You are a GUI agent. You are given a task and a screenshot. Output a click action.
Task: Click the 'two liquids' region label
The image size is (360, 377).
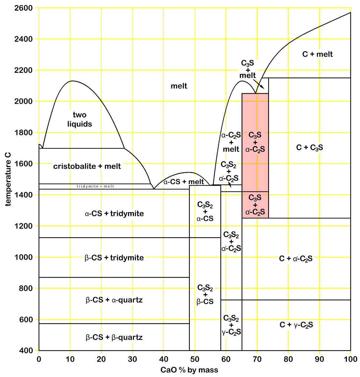(x=80, y=120)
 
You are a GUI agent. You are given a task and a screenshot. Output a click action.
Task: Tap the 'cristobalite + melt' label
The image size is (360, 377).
(x=87, y=166)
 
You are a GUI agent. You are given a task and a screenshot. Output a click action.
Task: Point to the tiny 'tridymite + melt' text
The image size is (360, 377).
(x=95, y=186)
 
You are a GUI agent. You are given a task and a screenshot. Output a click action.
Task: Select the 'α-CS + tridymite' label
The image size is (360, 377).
(x=114, y=214)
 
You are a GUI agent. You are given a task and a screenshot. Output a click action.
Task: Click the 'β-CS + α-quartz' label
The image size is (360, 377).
(x=114, y=300)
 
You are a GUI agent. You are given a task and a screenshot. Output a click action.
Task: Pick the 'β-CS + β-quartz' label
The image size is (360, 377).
(x=114, y=337)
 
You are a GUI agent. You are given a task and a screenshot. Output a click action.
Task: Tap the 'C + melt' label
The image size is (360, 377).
(x=318, y=54)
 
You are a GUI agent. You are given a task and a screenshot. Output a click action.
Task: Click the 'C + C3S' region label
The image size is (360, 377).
(x=310, y=147)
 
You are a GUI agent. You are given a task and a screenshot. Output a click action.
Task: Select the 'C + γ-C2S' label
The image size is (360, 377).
(x=296, y=325)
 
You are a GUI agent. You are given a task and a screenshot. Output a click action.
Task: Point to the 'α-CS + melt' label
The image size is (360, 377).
(x=184, y=182)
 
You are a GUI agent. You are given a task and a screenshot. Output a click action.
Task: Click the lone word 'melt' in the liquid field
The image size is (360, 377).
(x=179, y=86)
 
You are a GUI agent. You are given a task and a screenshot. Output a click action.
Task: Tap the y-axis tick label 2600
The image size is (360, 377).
(x=23, y=8)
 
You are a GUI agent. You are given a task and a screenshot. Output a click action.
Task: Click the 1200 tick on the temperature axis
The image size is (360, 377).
(x=23, y=226)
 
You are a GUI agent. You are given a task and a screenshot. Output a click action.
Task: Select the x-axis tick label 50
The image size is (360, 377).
(x=195, y=359)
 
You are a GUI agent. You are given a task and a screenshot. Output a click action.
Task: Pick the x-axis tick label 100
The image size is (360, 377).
(x=351, y=359)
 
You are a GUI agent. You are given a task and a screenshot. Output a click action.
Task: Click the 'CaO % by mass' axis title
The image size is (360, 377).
(x=189, y=370)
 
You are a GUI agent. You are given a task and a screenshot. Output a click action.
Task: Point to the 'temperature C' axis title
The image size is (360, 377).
(x=8, y=179)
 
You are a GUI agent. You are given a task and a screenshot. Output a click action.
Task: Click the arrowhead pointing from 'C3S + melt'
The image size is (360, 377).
(x=263, y=88)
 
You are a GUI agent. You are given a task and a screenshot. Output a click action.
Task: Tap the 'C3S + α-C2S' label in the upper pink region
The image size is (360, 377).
(x=255, y=142)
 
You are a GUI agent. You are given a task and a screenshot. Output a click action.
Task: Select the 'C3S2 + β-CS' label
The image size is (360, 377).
(x=205, y=294)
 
